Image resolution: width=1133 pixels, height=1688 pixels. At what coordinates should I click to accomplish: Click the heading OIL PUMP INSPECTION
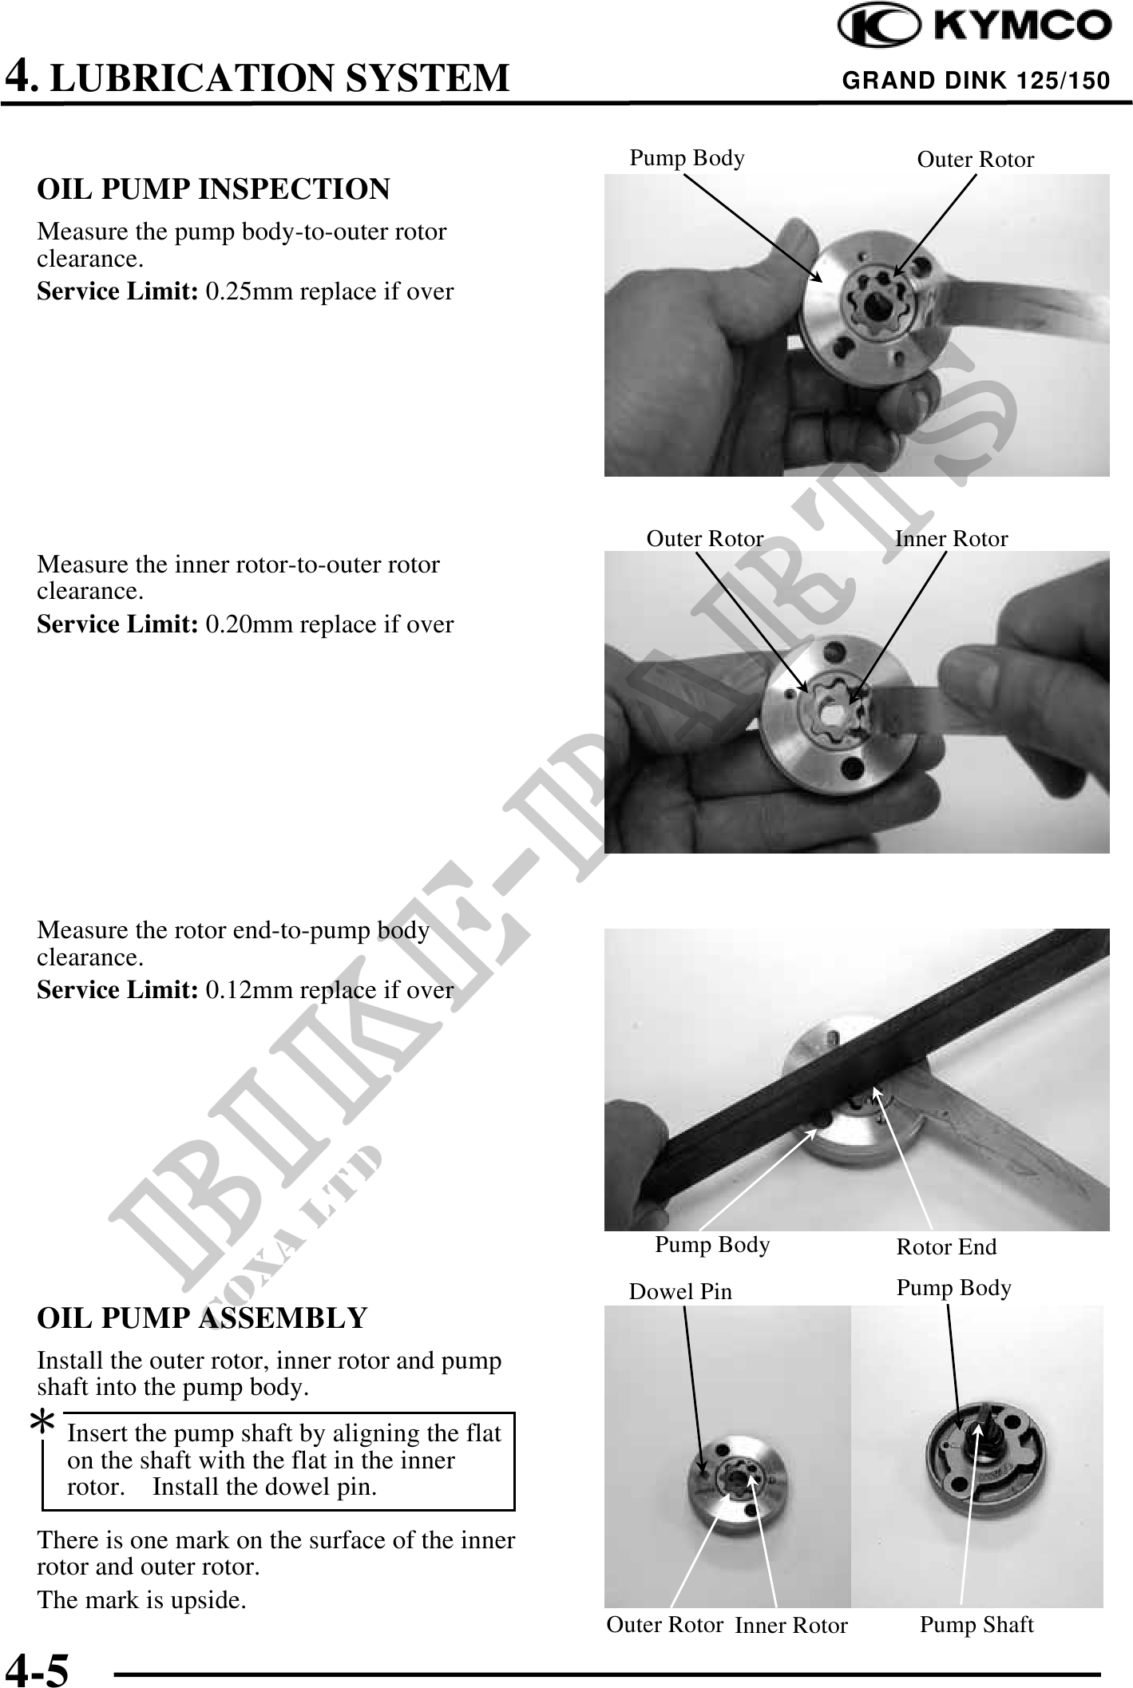[x=214, y=189]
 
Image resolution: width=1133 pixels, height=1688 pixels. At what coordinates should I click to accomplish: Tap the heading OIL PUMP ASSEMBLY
[x=202, y=1318]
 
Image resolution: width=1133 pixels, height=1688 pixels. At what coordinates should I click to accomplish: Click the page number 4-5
[x=38, y=1670]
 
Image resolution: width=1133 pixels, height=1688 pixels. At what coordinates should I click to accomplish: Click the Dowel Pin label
[x=680, y=1292]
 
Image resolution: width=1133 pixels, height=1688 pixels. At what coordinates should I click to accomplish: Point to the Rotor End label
[x=947, y=1247]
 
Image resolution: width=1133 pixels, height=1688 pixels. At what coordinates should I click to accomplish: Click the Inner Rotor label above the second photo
[x=952, y=539]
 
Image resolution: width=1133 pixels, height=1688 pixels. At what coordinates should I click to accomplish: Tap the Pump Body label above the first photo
[x=687, y=158]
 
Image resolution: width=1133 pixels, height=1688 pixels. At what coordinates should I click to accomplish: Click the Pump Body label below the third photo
[x=712, y=1245]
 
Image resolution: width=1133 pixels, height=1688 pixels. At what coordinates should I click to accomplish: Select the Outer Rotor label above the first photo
[x=976, y=160]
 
